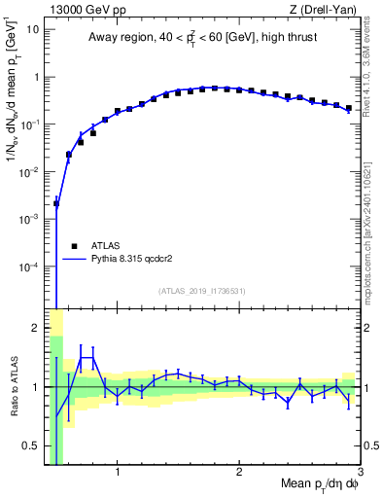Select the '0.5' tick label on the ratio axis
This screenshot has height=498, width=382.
coord(33,446)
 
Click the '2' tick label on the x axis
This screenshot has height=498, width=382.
coord(239,474)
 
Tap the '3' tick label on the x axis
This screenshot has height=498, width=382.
coord(360,474)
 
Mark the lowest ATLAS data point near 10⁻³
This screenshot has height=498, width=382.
coord(56,204)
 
